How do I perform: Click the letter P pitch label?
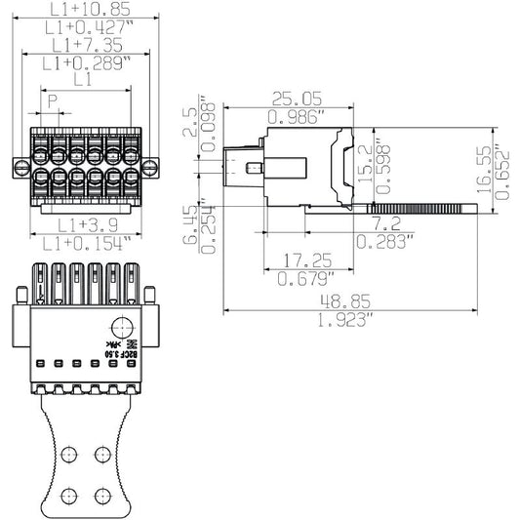53,100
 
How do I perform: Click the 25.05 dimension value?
297,98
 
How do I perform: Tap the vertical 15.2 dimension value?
364,162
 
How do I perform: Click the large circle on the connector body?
121,328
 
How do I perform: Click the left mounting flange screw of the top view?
20,168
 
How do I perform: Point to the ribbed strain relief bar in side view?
425,208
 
